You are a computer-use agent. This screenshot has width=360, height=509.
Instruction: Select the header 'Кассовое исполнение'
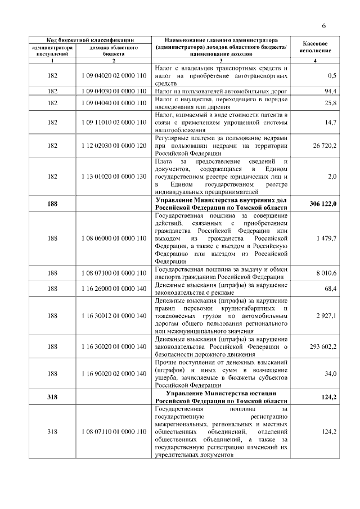[x=316, y=47]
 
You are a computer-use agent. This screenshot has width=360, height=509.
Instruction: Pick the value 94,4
[x=330, y=91]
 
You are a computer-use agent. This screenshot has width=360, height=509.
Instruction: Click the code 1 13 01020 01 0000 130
[x=114, y=177]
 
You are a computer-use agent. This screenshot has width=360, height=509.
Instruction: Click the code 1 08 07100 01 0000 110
[x=114, y=273]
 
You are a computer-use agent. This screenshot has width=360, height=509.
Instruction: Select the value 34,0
[x=330, y=374]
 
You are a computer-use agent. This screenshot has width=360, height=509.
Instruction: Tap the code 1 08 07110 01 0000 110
[x=114, y=432]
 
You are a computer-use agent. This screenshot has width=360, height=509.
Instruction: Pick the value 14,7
[x=330, y=122]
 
